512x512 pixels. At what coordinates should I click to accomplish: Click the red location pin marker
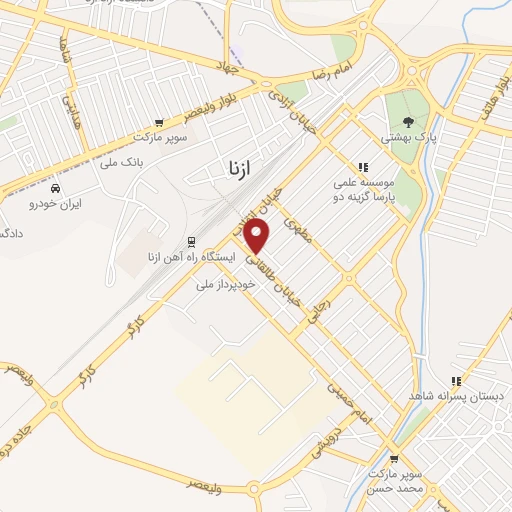pos(258,237)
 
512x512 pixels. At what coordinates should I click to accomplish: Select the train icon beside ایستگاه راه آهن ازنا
pos(190,241)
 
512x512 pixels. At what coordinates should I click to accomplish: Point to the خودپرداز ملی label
pos(225,284)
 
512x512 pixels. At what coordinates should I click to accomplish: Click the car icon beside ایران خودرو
pos(55,187)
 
